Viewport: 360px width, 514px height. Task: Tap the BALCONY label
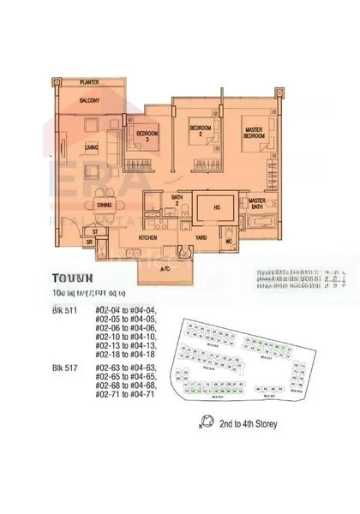pos(91,100)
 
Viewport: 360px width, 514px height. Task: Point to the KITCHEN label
pos(148,236)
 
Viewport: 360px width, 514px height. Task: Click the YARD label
pos(201,236)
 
